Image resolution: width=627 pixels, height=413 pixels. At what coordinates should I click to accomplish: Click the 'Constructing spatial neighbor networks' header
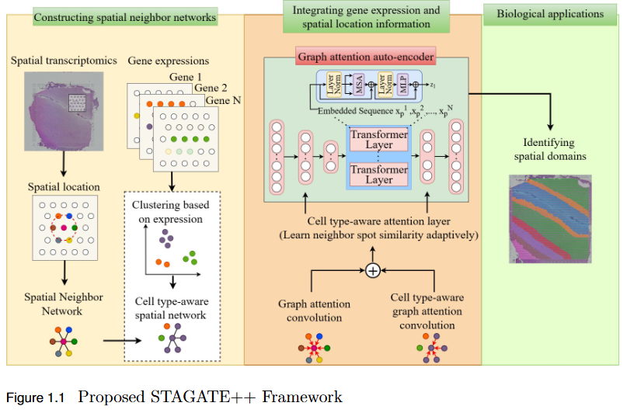click(x=125, y=16)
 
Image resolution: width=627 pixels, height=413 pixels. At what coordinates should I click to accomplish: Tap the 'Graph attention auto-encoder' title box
click(x=365, y=56)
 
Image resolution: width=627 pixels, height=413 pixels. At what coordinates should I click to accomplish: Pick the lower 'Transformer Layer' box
click(x=379, y=174)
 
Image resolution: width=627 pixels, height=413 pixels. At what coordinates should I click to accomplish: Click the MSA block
click(x=362, y=85)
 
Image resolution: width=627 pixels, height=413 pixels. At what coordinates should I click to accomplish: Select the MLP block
click(x=403, y=85)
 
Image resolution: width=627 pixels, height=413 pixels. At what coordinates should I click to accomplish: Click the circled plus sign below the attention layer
click(x=373, y=270)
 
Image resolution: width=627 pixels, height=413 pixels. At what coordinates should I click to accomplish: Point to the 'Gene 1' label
click(x=185, y=77)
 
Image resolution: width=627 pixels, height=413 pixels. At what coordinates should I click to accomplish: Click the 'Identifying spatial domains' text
click(x=549, y=149)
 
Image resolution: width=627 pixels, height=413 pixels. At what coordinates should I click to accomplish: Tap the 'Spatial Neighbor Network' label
click(x=62, y=304)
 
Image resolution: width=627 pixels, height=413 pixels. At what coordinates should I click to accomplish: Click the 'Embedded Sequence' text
click(x=350, y=112)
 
